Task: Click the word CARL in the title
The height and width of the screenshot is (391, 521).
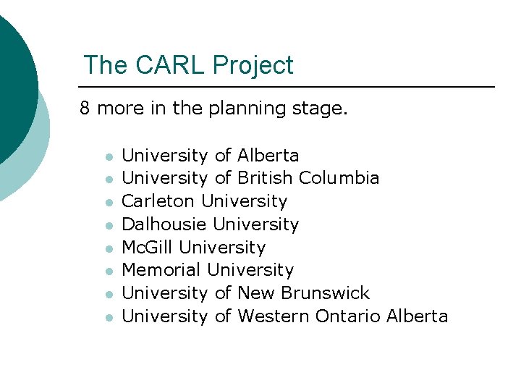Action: [x=164, y=65]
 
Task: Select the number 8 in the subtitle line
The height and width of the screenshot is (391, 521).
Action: [x=85, y=109]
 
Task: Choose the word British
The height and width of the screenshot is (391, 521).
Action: [x=265, y=178]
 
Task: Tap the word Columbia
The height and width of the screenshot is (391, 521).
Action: [x=339, y=178]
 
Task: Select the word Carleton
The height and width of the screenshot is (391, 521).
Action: [x=158, y=201]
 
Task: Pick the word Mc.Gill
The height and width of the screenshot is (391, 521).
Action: [x=148, y=248]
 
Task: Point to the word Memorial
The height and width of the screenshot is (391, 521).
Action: [x=161, y=270]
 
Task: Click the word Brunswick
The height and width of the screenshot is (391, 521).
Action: [x=325, y=293]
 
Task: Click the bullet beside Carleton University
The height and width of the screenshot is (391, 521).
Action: [x=109, y=202]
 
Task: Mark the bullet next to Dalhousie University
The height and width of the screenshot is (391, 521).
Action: [x=109, y=225]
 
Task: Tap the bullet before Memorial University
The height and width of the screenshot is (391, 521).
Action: [x=109, y=272]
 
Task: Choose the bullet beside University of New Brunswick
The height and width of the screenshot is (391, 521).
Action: [x=109, y=295]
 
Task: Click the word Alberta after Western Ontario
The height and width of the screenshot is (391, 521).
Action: [x=418, y=316]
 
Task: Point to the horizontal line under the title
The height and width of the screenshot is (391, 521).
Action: [x=289, y=87]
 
